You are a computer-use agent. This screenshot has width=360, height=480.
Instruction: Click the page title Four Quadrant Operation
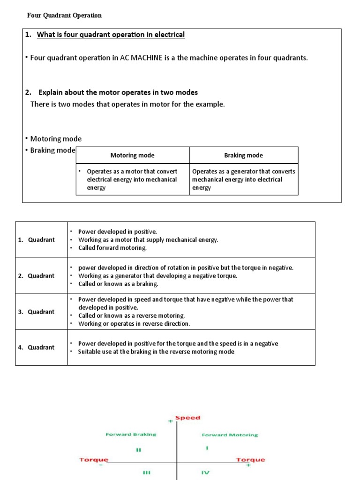coord(64,15)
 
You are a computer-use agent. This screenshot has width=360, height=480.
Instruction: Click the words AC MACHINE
coord(141,58)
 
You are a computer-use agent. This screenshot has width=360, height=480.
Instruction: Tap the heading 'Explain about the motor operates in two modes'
coord(118,92)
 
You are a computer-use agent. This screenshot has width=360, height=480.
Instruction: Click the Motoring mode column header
coord(132,155)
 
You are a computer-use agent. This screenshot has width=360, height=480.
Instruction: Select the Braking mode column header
coord(243,155)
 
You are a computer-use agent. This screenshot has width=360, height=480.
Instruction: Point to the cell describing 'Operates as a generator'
coord(243,180)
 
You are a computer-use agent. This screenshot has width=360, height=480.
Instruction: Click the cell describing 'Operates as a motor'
coord(132,180)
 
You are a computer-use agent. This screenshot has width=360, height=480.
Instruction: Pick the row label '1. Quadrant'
coord(37,240)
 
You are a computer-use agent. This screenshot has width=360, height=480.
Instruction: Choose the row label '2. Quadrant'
coord(37,276)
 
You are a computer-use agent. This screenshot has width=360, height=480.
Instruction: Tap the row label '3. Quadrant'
coord(37,312)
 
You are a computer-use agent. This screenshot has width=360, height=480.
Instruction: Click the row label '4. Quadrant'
coord(37,347)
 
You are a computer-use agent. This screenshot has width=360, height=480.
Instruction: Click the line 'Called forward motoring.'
coord(112,248)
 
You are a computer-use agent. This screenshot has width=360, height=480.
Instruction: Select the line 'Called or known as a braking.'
coord(118,284)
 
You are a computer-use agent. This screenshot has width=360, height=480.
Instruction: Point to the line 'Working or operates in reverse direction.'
coord(134,324)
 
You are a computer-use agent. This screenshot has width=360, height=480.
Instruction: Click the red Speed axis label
coord(187,418)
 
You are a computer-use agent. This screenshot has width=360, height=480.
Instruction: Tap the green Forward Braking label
coord(131,435)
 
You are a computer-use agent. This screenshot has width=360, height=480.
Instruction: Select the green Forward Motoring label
coord(230,435)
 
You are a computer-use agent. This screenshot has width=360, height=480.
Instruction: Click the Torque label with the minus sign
coord(93,460)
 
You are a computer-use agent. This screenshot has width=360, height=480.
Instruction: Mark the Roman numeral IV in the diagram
coord(205,472)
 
